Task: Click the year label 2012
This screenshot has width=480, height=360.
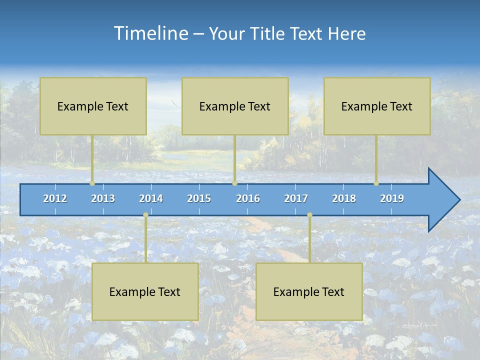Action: pos(55,198)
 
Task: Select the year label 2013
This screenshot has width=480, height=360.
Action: pos(103,198)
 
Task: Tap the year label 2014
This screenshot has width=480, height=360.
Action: pos(151,198)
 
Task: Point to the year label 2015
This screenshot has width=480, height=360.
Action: pos(199,198)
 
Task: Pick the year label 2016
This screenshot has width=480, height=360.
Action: pos(248,198)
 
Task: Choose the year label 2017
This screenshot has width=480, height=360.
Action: pos(296,198)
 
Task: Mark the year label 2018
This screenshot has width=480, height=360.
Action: pos(344,198)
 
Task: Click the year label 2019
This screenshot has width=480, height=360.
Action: pos(392,198)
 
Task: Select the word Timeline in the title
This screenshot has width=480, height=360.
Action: pos(150,33)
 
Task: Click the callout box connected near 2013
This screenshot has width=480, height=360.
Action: pos(93,106)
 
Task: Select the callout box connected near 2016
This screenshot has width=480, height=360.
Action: pos(235,106)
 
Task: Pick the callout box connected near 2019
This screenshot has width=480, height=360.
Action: pos(377,106)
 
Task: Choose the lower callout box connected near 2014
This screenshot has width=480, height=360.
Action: pos(145,291)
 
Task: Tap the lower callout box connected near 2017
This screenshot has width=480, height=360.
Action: pos(309,291)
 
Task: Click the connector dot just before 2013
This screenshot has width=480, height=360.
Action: pos(92,183)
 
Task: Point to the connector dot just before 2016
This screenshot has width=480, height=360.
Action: pos(234,183)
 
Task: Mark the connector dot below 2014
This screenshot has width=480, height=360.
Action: pos(145,215)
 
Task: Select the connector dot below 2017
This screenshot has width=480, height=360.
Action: pos(309,215)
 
